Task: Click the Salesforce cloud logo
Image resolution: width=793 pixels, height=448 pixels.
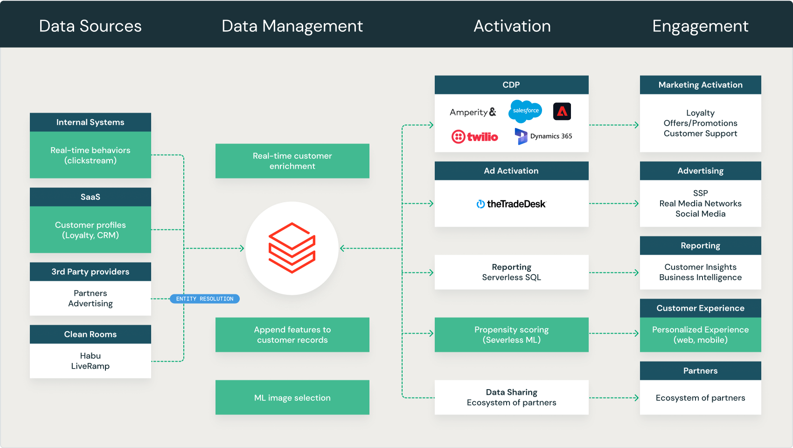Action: tap(525, 111)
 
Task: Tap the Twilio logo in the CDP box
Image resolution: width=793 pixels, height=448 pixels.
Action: tap(474, 137)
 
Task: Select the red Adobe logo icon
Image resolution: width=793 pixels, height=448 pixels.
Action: tap(562, 111)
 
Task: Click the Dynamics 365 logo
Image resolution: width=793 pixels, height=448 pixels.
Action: tap(543, 136)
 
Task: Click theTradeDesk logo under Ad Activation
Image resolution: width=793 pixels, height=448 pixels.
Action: tap(511, 204)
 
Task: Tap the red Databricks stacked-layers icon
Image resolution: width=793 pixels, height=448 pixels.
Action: tap(292, 248)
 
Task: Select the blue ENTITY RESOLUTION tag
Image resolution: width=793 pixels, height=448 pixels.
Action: tap(204, 299)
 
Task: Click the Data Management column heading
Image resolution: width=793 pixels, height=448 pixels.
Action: tap(292, 26)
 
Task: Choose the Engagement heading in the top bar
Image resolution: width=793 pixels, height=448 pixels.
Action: tap(700, 26)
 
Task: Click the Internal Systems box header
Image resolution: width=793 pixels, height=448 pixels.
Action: tap(90, 122)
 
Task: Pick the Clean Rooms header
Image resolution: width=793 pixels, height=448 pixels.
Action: tap(90, 334)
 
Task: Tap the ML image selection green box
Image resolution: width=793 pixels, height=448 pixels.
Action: tap(292, 398)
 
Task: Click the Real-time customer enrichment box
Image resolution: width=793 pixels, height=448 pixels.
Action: tap(292, 161)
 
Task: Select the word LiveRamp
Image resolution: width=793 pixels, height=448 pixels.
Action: tap(90, 366)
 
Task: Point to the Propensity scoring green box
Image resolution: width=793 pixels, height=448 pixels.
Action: tap(512, 335)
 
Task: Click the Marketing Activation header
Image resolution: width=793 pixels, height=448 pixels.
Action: tap(700, 85)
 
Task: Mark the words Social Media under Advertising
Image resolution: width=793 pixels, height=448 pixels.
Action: tap(700, 214)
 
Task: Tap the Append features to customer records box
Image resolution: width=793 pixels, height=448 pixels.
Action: tap(292, 335)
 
